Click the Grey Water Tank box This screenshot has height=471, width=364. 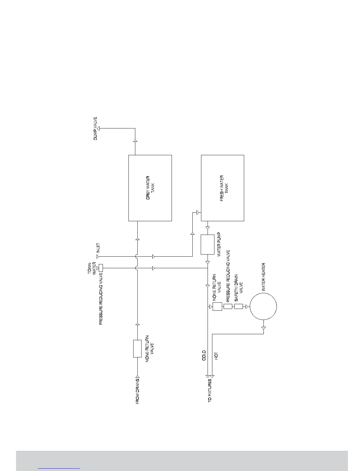(x=150, y=188)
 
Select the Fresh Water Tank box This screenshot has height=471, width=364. (x=222, y=188)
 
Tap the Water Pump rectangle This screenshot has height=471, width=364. (x=207, y=244)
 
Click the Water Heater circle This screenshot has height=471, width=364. (x=263, y=307)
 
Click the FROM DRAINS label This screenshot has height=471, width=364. (x=137, y=391)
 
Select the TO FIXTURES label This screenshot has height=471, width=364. (x=210, y=390)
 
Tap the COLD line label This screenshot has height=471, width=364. (x=204, y=355)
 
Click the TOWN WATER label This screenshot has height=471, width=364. (x=92, y=268)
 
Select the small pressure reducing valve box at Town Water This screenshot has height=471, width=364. (x=101, y=268)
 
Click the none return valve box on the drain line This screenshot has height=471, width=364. (x=137, y=348)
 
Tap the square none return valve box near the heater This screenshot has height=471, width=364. (x=217, y=307)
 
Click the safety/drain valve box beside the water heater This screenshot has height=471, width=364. (x=239, y=307)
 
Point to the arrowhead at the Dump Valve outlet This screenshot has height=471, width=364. (x=98, y=128)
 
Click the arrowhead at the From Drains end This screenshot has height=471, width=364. (x=137, y=375)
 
